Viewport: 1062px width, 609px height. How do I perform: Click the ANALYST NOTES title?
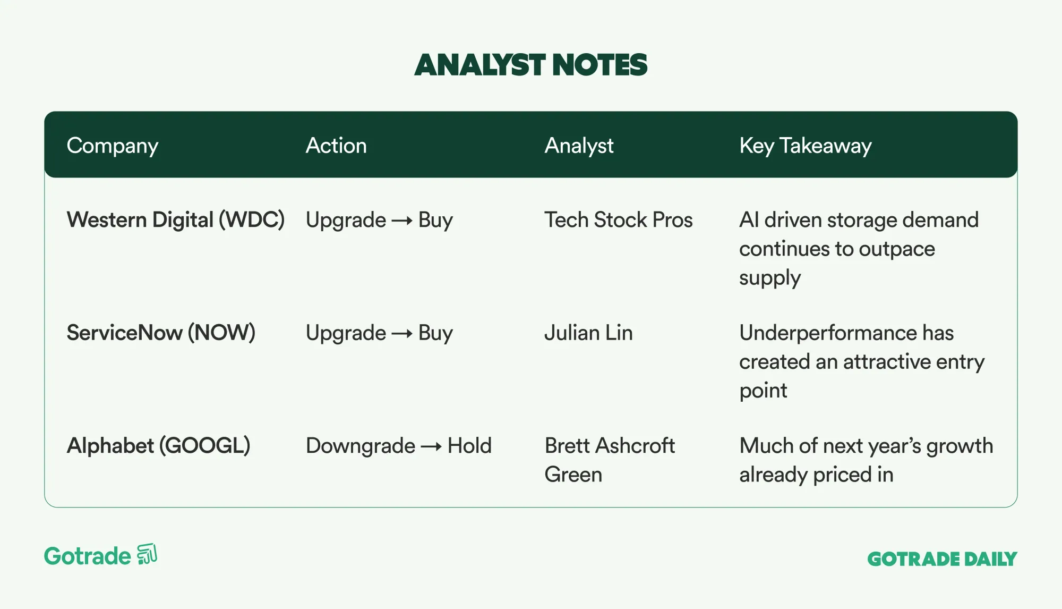[531, 65]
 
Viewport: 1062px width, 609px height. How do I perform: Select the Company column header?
[113, 146]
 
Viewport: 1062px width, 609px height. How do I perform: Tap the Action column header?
[336, 146]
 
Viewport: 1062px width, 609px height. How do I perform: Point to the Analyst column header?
[579, 146]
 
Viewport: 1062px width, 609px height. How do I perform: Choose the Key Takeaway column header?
[806, 146]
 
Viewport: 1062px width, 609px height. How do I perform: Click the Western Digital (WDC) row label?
[176, 220]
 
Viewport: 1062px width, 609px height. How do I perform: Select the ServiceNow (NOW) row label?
[161, 333]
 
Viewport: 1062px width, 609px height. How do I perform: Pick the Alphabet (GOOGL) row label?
[158, 446]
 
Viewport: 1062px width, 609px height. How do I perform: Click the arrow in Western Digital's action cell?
[402, 221]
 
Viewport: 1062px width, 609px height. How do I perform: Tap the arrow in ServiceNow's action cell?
[402, 334]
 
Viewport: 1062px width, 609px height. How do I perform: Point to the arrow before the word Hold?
[431, 446]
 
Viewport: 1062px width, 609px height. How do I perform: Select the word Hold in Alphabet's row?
[469, 446]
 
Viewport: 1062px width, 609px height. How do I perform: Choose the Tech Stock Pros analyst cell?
[619, 220]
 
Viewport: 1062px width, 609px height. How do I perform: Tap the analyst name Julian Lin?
[589, 333]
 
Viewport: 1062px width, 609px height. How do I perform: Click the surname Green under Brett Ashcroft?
[573, 475]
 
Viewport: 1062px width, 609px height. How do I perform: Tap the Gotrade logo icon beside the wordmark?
[147, 554]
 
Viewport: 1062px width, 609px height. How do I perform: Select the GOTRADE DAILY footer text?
[942, 559]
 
